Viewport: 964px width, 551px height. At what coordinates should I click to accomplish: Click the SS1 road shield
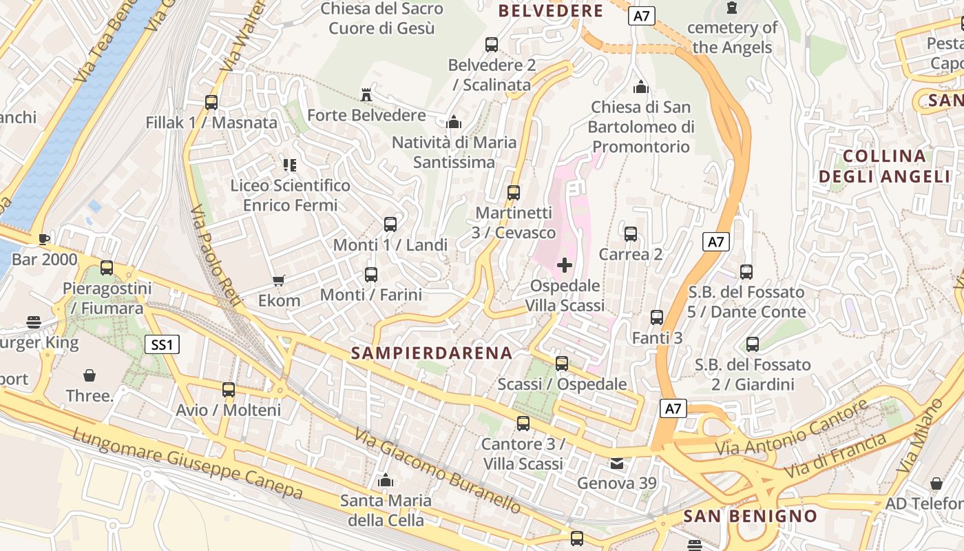[162, 344]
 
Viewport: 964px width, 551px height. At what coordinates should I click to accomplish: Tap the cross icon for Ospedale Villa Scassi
[565, 265]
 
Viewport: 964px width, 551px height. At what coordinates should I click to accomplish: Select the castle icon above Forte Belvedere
[366, 95]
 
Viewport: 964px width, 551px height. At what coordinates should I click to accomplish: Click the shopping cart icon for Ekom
[279, 280]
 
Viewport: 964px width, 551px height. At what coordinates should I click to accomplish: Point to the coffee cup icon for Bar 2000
[44, 239]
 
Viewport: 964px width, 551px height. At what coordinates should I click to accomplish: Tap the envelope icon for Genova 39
[617, 464]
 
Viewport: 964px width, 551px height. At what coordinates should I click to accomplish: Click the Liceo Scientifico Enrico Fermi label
[291, 195]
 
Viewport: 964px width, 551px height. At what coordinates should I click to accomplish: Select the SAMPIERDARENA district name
[432, 353]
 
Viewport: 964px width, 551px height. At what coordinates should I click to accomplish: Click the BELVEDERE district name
[551, 11]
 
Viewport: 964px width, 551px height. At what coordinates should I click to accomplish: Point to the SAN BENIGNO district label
[751, 516]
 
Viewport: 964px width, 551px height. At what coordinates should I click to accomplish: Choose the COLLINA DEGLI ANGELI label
[884, 166]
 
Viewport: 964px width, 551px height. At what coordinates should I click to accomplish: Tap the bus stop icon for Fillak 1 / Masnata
[211, 103]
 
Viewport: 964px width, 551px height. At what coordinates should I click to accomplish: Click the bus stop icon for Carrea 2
[631, 234]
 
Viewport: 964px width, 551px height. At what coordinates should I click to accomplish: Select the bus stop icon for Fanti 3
[657, 318]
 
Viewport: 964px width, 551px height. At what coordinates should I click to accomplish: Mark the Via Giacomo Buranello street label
[438, 470]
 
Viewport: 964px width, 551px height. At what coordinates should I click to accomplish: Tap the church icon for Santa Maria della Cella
[386, 480]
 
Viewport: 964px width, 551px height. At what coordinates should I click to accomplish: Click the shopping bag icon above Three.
[90, 375]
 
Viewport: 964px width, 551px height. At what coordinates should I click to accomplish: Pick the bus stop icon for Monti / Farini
[371, 275]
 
